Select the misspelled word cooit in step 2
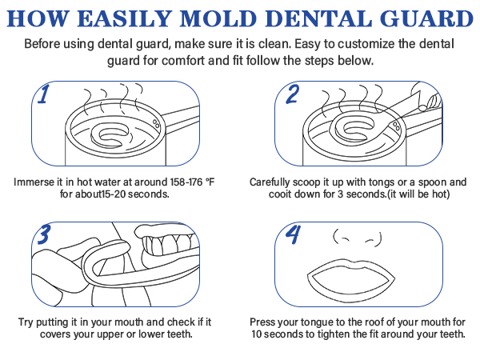(x=263, y=194)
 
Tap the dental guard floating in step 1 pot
(x=111, y=132)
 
